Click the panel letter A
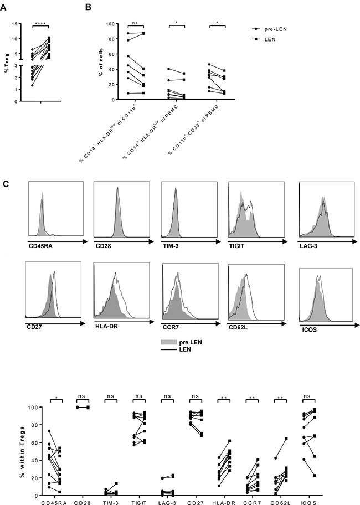[x=3, y=7]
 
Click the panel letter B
[x=88, y=7]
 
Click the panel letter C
[x=6, y=184]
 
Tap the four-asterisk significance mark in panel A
[x=40, y=23]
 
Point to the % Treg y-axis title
[x=7, y=63]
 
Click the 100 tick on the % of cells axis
[x=110, y=24]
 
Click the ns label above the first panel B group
[x=135, y=23]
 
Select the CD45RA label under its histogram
[x=40, y=246]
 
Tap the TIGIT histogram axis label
[x=236, y=246]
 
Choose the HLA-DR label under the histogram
[x=106, y=326]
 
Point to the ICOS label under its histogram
[x=310, y=330]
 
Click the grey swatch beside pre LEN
[x=169, y=342]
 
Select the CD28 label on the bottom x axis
[x=82, y=502]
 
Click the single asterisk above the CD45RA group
[x=56, y=398]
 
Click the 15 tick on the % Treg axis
[x=15, y=24]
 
